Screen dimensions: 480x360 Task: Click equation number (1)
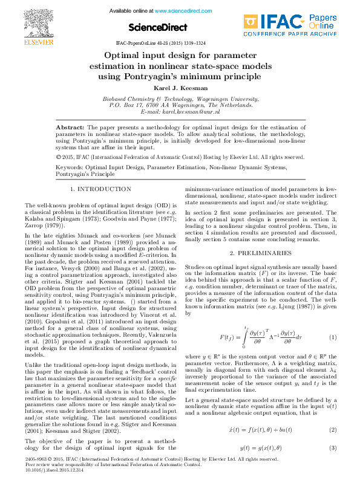(332, 336)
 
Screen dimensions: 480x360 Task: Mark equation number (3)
(332, 449)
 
